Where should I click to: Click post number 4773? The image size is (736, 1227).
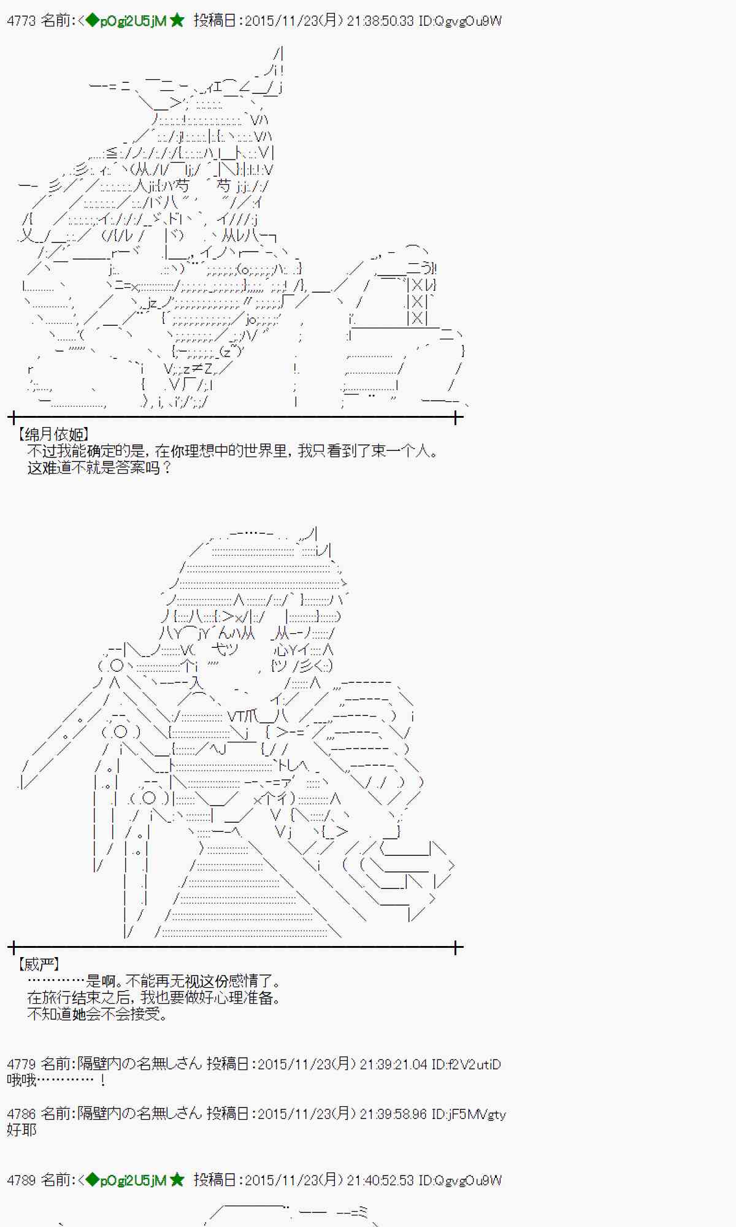[x=21, y=21]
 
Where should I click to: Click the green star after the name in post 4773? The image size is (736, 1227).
[x=177, y=21]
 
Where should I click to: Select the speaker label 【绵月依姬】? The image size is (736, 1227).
[x=54, y=434]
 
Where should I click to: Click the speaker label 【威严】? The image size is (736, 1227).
[x=39, y=964]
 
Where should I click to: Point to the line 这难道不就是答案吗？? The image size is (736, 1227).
[x=99, y=467]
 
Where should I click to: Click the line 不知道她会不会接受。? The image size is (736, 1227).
[x=98, y=1014]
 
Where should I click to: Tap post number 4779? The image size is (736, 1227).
[x=21, y=1064]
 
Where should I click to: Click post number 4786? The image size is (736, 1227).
[x=21, y=1114]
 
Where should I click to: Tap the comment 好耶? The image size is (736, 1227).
[x=21, y=1129]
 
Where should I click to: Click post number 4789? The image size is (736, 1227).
[x=21, y=1180]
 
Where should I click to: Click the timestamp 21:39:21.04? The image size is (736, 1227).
[x=393, y=1064]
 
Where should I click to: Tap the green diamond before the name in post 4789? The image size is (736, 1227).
[x=92, y=1180]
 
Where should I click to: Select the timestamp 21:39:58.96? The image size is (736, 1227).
[x=393, y=1114]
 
